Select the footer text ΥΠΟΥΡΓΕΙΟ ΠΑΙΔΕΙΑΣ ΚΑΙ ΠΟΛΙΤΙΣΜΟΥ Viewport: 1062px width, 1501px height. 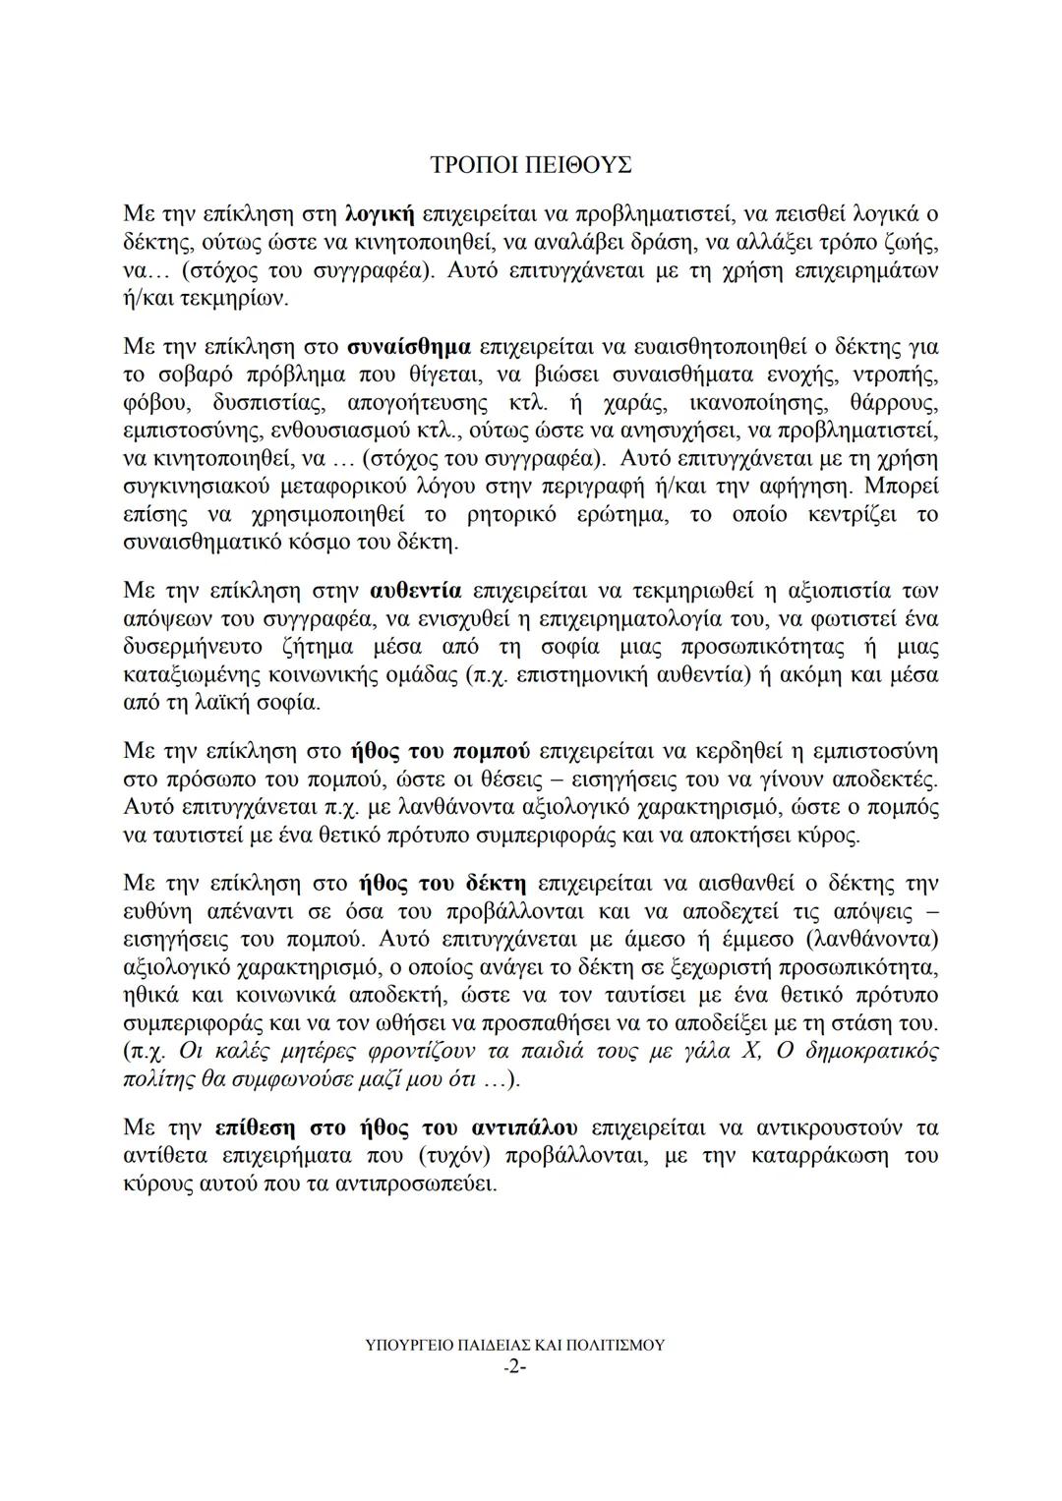click(514, 1345)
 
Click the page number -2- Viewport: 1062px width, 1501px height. click(514, 1367)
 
